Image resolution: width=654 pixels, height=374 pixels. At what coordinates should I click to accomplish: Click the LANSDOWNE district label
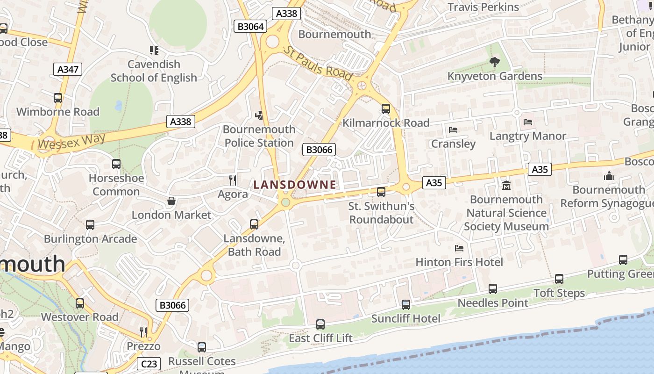pyautogui.click(x=295, y=185)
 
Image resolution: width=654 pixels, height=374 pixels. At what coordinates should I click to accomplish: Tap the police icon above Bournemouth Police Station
pyautogui.click(x=259, y=115)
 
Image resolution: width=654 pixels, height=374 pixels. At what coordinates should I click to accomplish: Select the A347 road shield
pyautogui.click(x=68, y=70)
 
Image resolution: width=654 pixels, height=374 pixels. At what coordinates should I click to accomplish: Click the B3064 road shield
pyautogui.click(x=251, y=27)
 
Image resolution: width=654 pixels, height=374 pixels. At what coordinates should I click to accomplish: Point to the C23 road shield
pyautogui.click(x=149, y=363)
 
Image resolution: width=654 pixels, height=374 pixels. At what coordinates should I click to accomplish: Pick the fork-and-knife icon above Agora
pyautogui.click(x=233, y=180)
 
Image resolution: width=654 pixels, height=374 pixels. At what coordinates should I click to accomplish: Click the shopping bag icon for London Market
pyautogui.click(x=171, y=201)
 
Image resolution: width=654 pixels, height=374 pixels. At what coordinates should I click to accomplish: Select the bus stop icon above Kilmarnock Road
pyautogui.click(x=386, y=109)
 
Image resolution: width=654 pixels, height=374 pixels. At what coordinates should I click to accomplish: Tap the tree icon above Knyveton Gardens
pyautogui.click(x=494, y=62)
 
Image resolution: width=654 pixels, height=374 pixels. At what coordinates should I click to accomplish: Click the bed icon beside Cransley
pyautogui.click(x=453, y=130)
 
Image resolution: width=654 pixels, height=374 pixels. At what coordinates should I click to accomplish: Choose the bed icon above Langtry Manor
pyautogui.click(x=528, y=122)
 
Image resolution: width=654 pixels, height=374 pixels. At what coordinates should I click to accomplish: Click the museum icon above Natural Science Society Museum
pyautogui.click(x=506, y=186)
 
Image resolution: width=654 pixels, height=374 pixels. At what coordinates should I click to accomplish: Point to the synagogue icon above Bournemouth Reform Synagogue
pyautogui.click(x=609, y=176)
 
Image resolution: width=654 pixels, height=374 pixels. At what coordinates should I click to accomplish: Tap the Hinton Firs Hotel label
pyautogui.click(x=459, y=262)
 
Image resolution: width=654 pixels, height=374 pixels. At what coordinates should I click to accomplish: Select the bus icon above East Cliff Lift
pyautogui.click(x=320, y=324)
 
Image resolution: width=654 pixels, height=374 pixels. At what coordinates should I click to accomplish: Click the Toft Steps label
pyautogui.click(x=559, y=293)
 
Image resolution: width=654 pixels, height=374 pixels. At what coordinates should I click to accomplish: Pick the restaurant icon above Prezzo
pyautogui.click(x=143, y=332)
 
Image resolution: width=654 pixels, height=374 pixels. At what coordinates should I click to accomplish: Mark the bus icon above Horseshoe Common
pyautogui.click(x=116, y=164)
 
